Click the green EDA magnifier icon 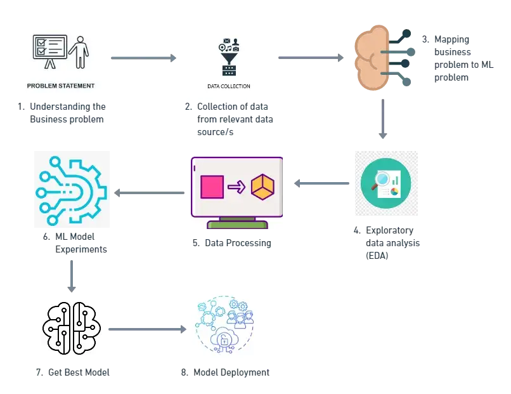point(385,183)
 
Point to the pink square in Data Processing point(212,188)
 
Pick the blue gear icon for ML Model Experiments point(72,189)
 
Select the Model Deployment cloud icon point(225,325)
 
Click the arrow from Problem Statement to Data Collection point(144,58)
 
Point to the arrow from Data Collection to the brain point(311,58)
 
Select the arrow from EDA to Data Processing point(321,183)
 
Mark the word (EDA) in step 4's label point(377,256)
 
